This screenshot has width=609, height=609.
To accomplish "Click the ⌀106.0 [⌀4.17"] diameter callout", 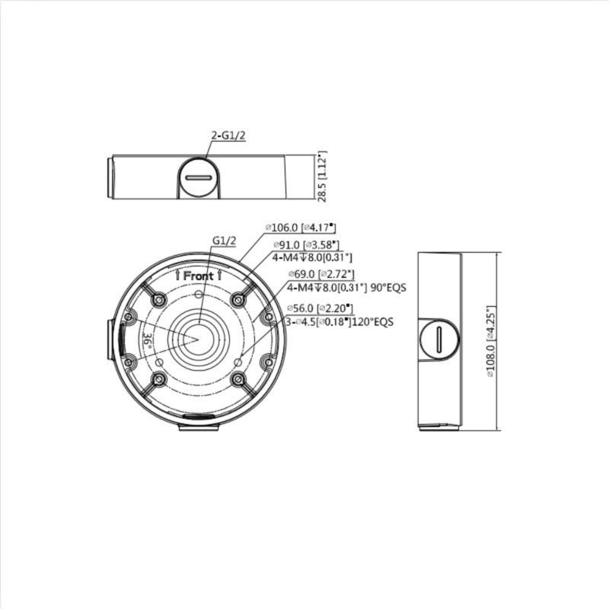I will [300, 228].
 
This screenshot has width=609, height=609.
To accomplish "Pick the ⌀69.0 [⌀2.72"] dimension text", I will [320, 274].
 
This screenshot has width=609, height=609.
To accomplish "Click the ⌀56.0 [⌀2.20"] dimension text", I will [320, 308].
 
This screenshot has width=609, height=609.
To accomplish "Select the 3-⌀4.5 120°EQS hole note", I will [340, 322].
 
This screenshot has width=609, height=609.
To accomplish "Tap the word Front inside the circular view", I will [199, 276].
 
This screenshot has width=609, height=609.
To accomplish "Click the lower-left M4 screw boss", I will [158, 379].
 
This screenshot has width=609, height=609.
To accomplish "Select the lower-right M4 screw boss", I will [238, 379].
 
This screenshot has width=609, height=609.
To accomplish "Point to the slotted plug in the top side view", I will [199, 178].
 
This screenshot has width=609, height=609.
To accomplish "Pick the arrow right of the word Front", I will [219, 276].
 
